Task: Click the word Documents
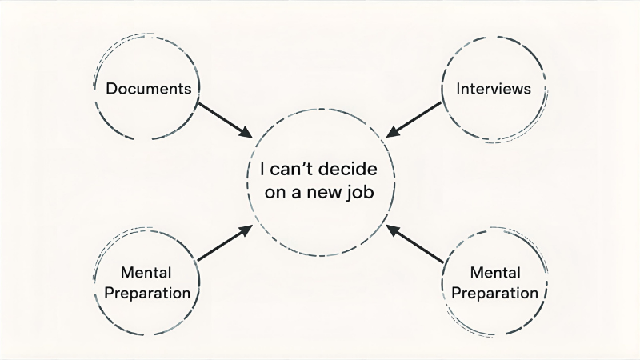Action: coord(149,88)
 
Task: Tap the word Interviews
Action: coord(494,88)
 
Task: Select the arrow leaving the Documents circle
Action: coord(224,118)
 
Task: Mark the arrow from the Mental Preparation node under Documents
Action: coord(225,243)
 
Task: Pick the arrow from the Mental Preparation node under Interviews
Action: coord(415,244)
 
